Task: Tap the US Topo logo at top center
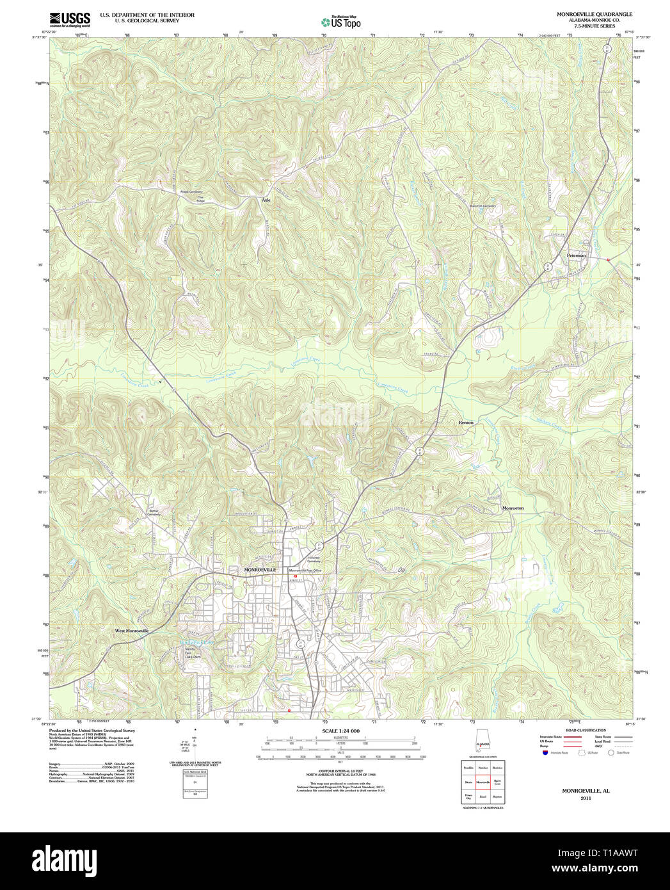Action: (340, 22)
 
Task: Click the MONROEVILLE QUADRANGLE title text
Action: (585, 14)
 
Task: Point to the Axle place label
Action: (266, 200)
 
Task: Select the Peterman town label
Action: (576, 255)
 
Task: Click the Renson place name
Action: (466, 423)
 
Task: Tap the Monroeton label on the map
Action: (513, 508)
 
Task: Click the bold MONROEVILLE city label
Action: (260, 569)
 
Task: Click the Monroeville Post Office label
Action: (305, 570)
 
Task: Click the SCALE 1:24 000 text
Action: (340, 731)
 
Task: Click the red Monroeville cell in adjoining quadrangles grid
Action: (483, 782)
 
